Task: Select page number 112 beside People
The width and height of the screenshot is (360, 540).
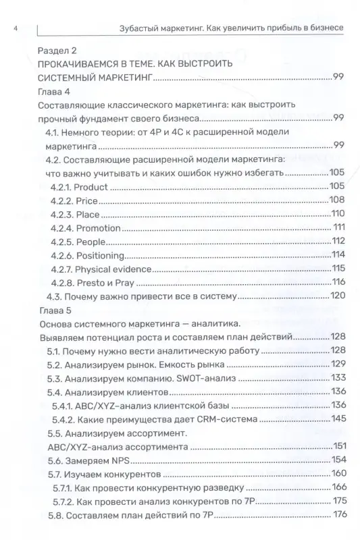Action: (338, 241)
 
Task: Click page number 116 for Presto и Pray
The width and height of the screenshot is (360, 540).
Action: (337, 282)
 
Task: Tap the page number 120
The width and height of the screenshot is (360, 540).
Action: (337, 296)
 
